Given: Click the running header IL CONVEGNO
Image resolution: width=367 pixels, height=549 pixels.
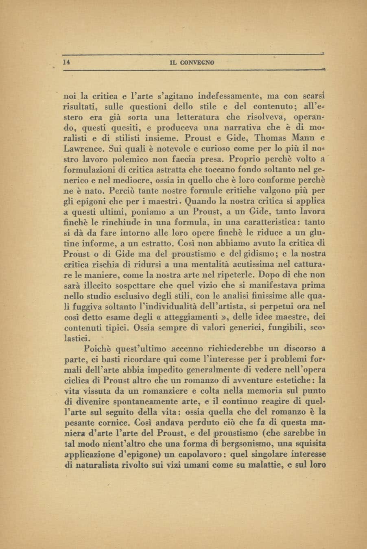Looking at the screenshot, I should tap(192, 63).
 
